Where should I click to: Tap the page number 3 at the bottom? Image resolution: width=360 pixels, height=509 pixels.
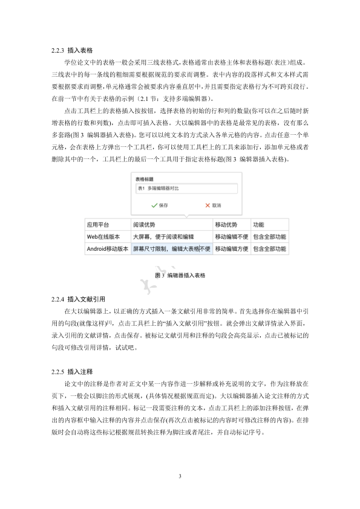pos(180,477)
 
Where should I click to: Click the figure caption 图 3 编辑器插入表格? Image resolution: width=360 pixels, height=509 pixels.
pos(180,275)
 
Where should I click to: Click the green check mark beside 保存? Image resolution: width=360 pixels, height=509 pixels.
pos(146,206)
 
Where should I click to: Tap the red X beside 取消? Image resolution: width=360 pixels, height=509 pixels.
pos(208,206)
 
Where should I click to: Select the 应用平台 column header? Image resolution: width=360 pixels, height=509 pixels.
pos(98,224)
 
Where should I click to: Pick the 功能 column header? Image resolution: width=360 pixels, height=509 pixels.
pos(259,224)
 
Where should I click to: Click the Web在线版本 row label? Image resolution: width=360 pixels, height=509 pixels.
pos(104,236)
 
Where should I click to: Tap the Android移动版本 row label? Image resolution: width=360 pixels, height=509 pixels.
pos(108,248)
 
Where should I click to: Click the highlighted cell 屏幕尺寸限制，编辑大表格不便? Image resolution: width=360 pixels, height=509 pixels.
pos(171,248)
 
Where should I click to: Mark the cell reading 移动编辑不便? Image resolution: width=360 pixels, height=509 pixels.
pos(232,236)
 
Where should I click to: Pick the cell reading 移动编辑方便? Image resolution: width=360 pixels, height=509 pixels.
pos(232,248)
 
